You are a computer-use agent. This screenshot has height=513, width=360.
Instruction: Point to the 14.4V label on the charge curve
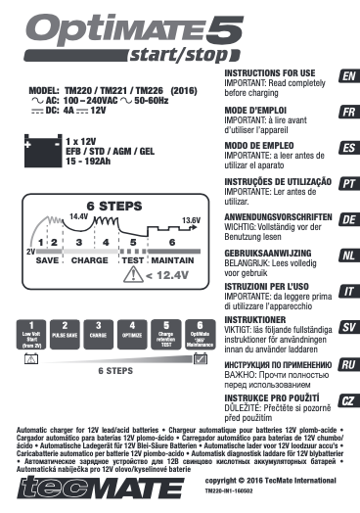click(78, 215)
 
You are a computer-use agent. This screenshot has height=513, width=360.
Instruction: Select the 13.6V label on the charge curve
click(191, 220)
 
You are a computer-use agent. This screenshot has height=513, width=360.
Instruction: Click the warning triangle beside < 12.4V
click(131, 275)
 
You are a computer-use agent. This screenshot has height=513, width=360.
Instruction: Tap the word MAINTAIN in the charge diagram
click(173, 260)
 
